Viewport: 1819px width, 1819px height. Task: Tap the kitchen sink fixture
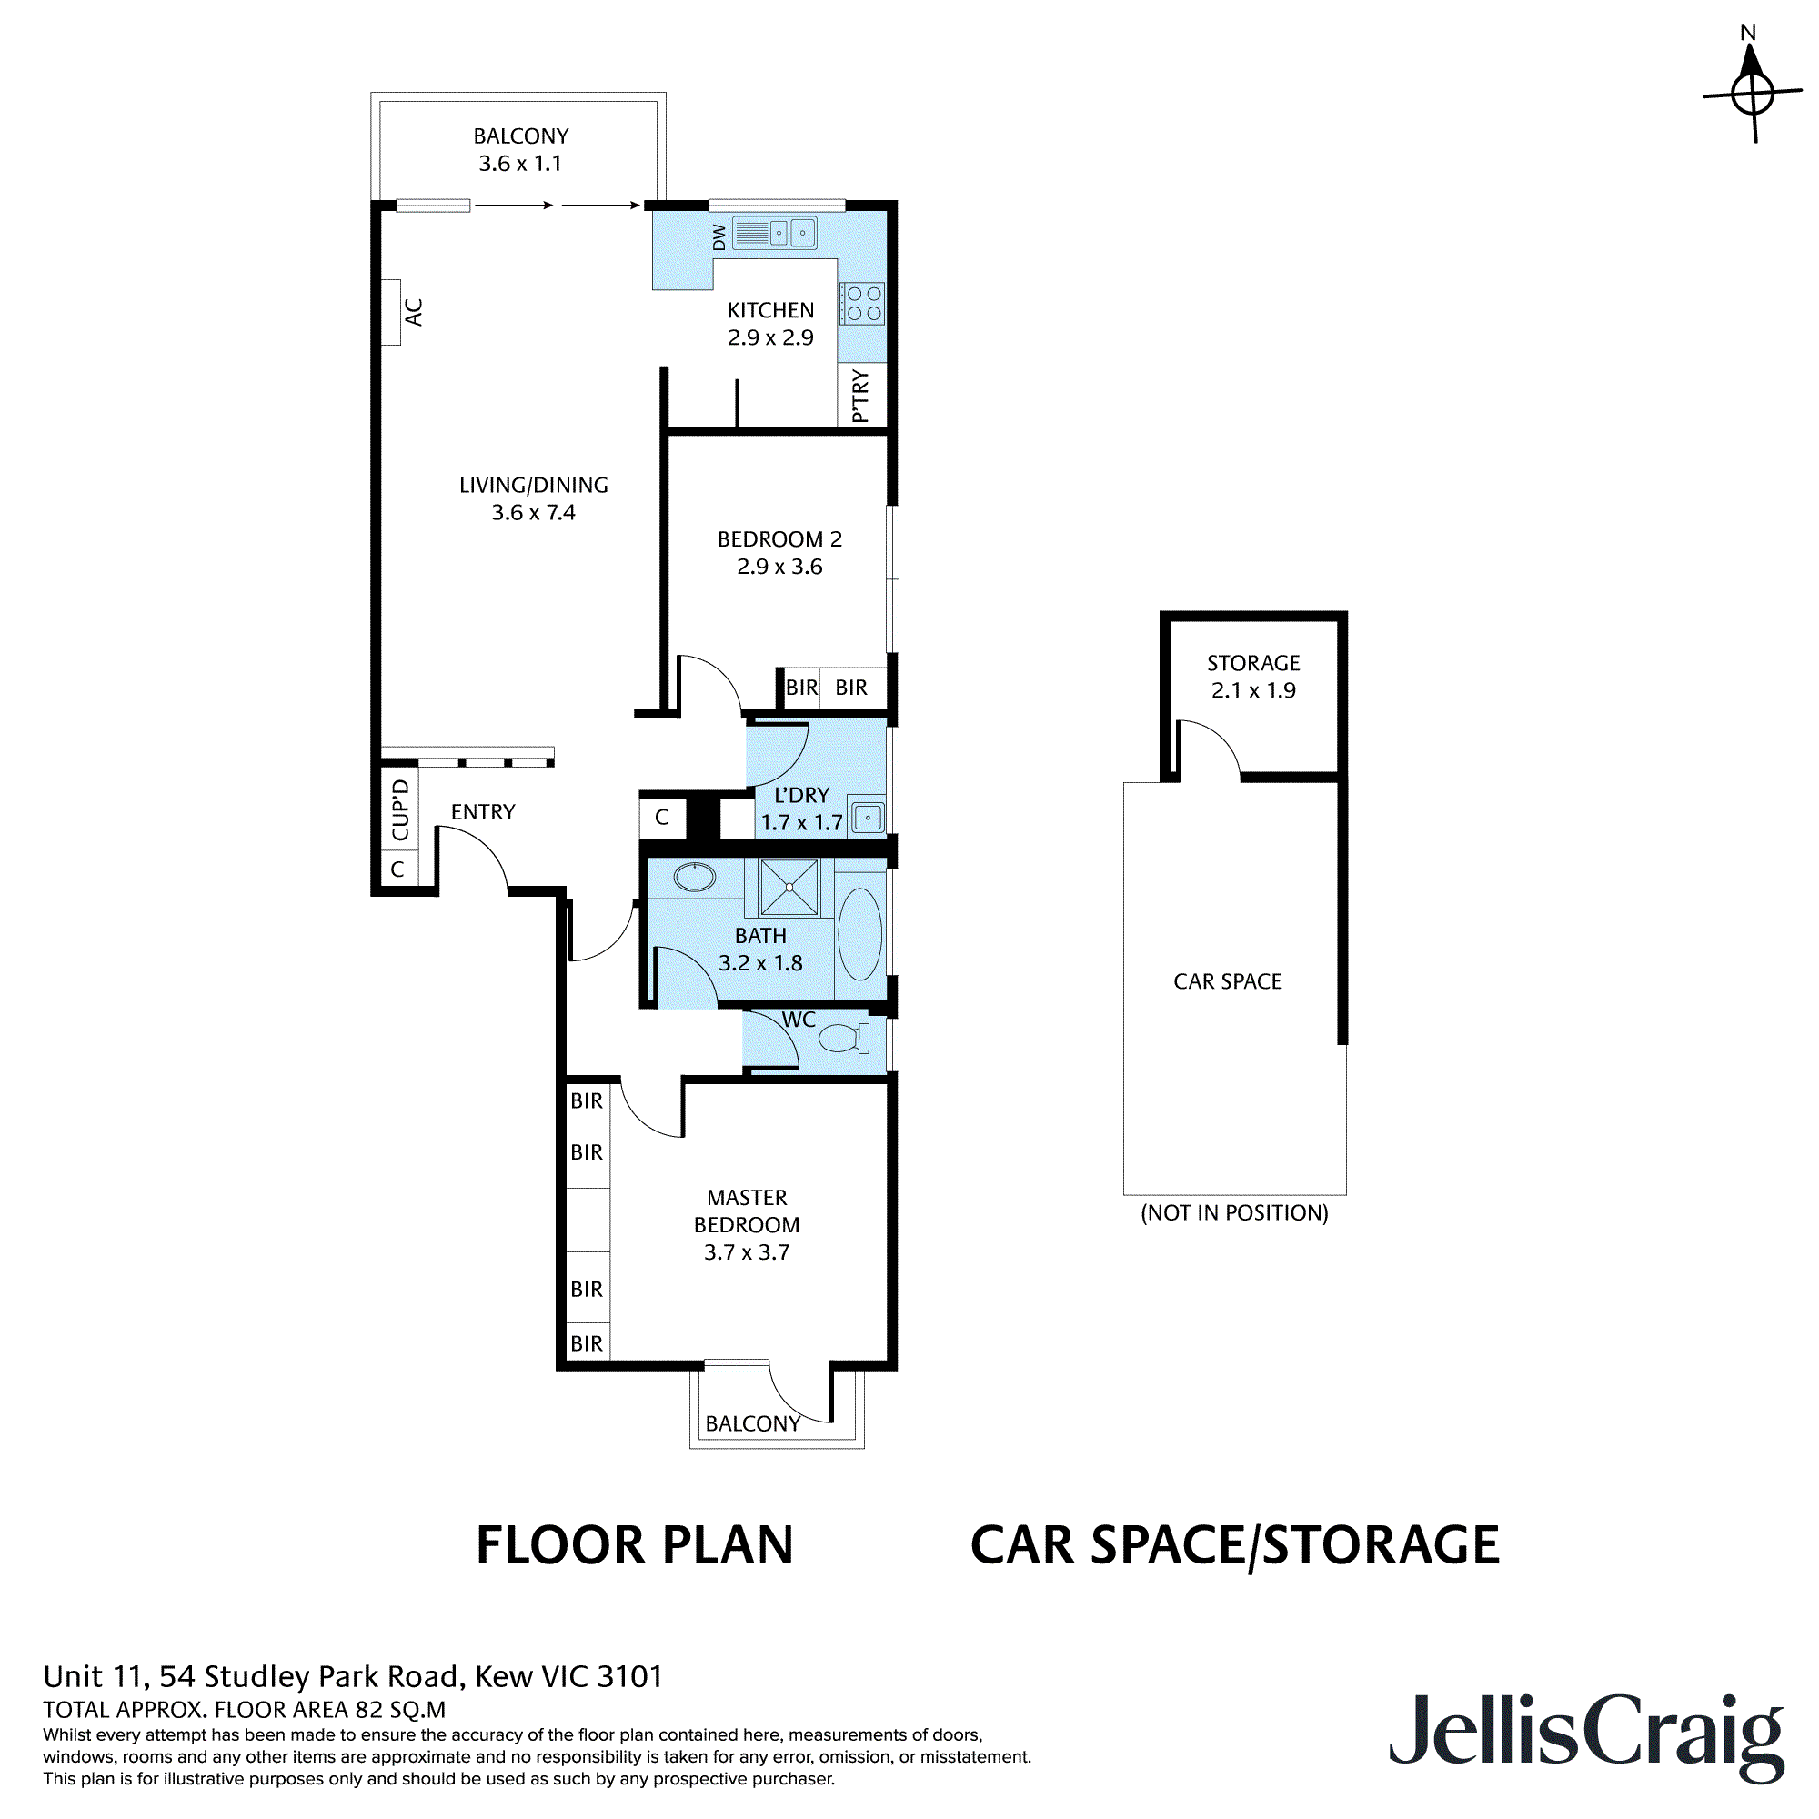(x=775, y=233)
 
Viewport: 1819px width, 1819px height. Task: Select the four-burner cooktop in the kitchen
(x=862, y=303)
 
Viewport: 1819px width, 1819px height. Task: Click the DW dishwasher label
(x=719, y=236)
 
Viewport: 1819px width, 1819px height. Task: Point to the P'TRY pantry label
(x=860, y=396)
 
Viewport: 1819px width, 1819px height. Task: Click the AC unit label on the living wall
(x=413, y=313)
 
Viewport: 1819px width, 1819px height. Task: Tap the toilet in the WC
(x=844, y=1039)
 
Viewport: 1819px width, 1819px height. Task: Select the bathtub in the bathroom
(x=859, y=934)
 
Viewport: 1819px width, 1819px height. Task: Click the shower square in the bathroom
(x=789, y=887)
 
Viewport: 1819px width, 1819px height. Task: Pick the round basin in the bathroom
(x=695, y=878)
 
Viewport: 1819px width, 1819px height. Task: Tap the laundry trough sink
(x=867, y=818)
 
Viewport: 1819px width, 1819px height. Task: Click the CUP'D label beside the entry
(x=400, y=809)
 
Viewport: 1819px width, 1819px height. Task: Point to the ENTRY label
(x=483, y=811)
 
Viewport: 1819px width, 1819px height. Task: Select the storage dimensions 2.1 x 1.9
(x=1253, y=690)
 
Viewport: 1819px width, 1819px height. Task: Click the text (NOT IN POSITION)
(x=1234, y=1212)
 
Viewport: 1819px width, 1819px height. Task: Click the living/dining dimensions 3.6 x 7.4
(x=533, y=512)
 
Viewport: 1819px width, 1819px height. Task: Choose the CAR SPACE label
(x=1228, y=981)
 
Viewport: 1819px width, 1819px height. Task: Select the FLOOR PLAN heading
(x=635, y=1546)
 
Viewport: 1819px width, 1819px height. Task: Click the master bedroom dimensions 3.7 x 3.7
(x=747, y=1252)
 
